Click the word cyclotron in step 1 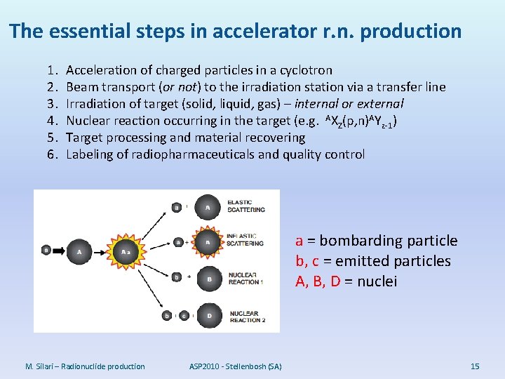coord(306,70)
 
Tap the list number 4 coord(51,121)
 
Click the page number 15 coord(475,366)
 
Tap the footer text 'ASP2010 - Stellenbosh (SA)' coord(235,366)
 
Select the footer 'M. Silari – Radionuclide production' coord(85,366)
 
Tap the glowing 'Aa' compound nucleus coord(127,251)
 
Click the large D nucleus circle coord(209,316)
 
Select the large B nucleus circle coord(209,279)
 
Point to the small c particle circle coord(184,316)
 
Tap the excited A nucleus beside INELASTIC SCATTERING coord(208,241)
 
